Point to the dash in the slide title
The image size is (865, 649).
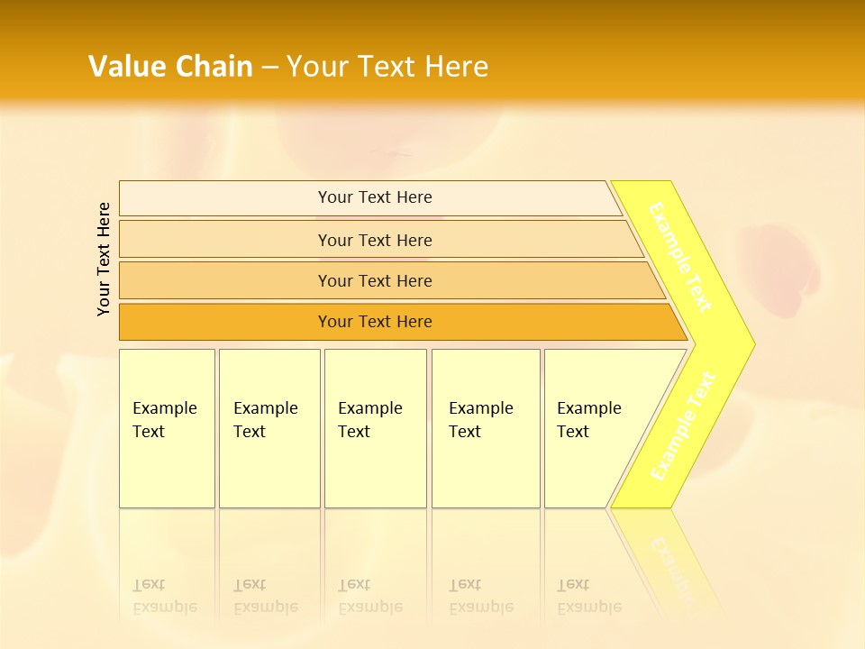click(269, 67)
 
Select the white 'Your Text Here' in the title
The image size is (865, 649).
click(387, 66)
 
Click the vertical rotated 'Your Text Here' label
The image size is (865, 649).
click(104, 259)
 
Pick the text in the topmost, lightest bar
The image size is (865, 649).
click(375, 197)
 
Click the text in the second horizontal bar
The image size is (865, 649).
click(375, 241)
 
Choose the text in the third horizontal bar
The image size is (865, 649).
click(375, 281)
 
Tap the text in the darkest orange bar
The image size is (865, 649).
click(375, 322)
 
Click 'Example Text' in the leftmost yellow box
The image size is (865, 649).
click(164, 420)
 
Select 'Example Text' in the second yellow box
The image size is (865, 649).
click(265, 420)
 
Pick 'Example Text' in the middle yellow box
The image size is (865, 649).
click(369, 420)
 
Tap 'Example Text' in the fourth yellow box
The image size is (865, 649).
click(480, 420)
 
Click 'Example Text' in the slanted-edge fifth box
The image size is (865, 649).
click(588, 420)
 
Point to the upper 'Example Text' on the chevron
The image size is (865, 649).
click(680, 257)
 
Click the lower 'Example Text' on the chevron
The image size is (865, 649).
click(682, 425)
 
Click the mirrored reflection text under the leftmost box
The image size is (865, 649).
click(164, 597)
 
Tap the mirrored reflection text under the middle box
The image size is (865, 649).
click(369, 597)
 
